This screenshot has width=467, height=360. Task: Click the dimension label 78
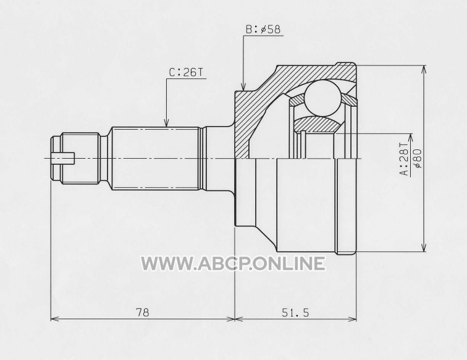pyautogui.click(x=142, y=312)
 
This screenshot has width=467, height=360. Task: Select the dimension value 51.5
pyautogui.click(x=295, y=312)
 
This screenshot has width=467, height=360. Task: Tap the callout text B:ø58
pyautogui.click(x=263, y=30)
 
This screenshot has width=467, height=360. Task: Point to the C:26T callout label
pyautogui.click(x=186, y=72)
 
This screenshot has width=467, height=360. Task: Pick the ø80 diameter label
pyautogui.click(x=418, y=159)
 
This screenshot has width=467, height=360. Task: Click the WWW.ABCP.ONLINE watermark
pyautogui.click(x=233, y=264)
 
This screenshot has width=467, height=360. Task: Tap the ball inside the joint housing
pyautogui.click(x=323, y=98)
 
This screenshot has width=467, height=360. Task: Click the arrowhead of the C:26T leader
pyautogui.click(x=167, y=123)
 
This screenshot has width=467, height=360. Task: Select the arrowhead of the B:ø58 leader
pyautogui.click(x=243, y=86)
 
